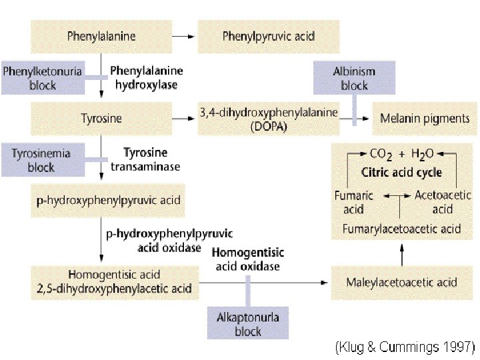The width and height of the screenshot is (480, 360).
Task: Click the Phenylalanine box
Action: (x=101, y=35)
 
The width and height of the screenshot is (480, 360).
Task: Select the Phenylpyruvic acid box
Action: (x=268, y=35)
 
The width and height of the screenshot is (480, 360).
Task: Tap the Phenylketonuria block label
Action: (x=43, y=77)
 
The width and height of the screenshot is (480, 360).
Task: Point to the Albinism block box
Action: (x=354, y=78)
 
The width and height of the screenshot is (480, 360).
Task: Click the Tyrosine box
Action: (x=101, y=119)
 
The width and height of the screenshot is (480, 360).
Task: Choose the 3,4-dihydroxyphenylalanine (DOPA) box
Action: (x=268, y=119)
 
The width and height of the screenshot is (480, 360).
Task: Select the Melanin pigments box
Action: (x=425, y=119)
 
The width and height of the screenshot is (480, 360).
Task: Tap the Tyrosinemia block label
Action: (x=41, y=160)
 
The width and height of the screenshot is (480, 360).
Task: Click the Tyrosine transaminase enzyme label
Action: (x=145, y=160)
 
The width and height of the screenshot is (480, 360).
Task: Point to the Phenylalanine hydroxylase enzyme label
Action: (x=147, y=77)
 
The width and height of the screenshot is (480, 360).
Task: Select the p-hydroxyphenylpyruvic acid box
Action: (x=108, y=200)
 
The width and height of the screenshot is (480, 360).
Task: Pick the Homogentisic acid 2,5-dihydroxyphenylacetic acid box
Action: (x=115, y=281)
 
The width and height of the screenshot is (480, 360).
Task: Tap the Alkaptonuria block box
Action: (x=248, y=324)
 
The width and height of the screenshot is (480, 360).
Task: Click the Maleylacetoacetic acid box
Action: (x=401, y=282)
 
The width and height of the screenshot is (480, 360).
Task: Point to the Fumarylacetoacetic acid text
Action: (x=401, y=229)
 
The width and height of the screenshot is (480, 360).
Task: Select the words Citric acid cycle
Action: (x=401, y=172)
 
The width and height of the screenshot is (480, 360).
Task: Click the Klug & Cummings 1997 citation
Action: (x=405, y=347)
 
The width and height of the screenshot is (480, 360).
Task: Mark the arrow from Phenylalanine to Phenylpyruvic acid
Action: (x=183, y=35)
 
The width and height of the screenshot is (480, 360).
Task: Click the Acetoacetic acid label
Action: (x=442, y=201)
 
